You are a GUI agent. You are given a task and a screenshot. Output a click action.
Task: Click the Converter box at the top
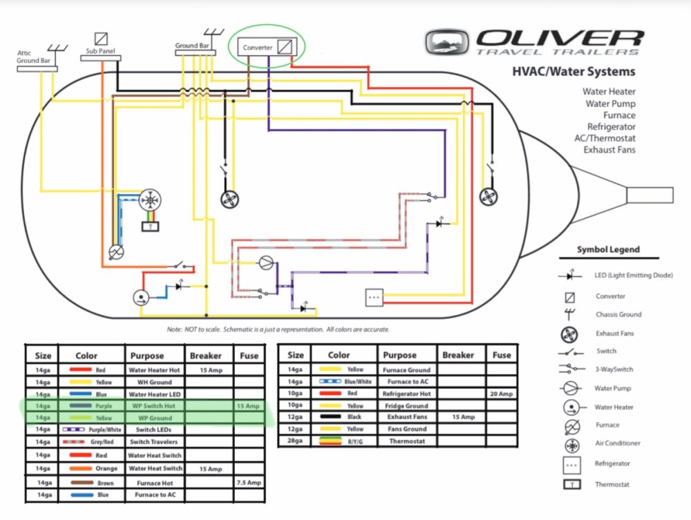267,47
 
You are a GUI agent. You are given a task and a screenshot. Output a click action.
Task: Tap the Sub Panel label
100,51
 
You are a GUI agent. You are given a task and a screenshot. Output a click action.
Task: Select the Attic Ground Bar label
33,57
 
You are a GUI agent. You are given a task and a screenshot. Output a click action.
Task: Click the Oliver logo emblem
446,43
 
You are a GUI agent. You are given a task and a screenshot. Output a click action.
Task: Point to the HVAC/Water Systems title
574,71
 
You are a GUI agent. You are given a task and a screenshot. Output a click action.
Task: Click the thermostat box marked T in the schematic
150,227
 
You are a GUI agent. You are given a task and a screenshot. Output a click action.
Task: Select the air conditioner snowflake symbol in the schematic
150,200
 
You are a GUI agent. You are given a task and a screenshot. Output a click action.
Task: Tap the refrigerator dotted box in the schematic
374,297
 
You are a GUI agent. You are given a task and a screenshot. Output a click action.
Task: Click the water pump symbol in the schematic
266,263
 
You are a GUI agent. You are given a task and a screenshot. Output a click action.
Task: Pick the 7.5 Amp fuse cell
249,483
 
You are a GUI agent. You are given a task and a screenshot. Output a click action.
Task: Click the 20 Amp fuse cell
502,394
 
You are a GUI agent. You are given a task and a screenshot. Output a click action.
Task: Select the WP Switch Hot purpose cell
154,406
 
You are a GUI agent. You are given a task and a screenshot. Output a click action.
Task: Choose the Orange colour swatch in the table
81,468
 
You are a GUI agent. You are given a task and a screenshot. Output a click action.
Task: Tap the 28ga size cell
295,441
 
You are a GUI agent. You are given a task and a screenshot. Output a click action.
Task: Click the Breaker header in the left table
206,356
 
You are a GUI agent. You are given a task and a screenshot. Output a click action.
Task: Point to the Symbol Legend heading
608,249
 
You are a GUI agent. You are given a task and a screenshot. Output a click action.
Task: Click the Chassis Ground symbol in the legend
569,314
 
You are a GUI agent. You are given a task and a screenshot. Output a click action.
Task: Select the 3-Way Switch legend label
614,369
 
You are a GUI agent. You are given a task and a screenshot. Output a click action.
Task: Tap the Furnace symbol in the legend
572,426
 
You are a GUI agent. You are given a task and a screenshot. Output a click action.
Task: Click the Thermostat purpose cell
407,441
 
